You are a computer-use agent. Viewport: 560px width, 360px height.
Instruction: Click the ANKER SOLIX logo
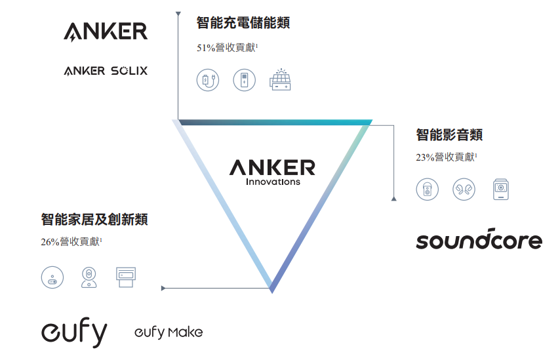coord(106,71)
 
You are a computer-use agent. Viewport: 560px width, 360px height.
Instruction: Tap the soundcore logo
coord(479,240)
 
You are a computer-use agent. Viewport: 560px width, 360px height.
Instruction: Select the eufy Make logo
coord(169,332)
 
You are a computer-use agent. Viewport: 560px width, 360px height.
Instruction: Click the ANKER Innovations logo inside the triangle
coord(272,171)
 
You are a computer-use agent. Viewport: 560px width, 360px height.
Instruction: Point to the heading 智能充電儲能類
coord(243,23)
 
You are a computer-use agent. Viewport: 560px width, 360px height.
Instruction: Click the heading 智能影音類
coord(449,135)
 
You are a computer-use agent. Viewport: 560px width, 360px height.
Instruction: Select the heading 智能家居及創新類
coord(94,219)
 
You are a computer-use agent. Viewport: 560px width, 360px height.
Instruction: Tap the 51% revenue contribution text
coord(227,48)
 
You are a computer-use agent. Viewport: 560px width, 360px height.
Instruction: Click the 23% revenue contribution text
coord(446,157)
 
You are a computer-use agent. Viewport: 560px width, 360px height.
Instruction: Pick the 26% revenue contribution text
coord(71,241)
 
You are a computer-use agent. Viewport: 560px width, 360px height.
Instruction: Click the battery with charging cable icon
coord(207,81)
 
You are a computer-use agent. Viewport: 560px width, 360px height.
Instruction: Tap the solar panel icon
coord(280,80)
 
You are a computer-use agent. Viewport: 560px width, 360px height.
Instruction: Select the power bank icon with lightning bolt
coord(244,81)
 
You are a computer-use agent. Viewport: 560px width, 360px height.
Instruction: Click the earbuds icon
coord(464,190)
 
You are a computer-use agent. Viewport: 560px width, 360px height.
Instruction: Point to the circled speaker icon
coord(427,190)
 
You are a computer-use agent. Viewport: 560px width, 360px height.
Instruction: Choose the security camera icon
coord(89,277)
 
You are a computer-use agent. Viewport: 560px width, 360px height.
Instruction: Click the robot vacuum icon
coord(52,277)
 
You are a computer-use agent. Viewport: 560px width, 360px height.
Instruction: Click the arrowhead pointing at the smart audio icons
coord(393,198)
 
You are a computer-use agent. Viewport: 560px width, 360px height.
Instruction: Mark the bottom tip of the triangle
coord(271,290)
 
